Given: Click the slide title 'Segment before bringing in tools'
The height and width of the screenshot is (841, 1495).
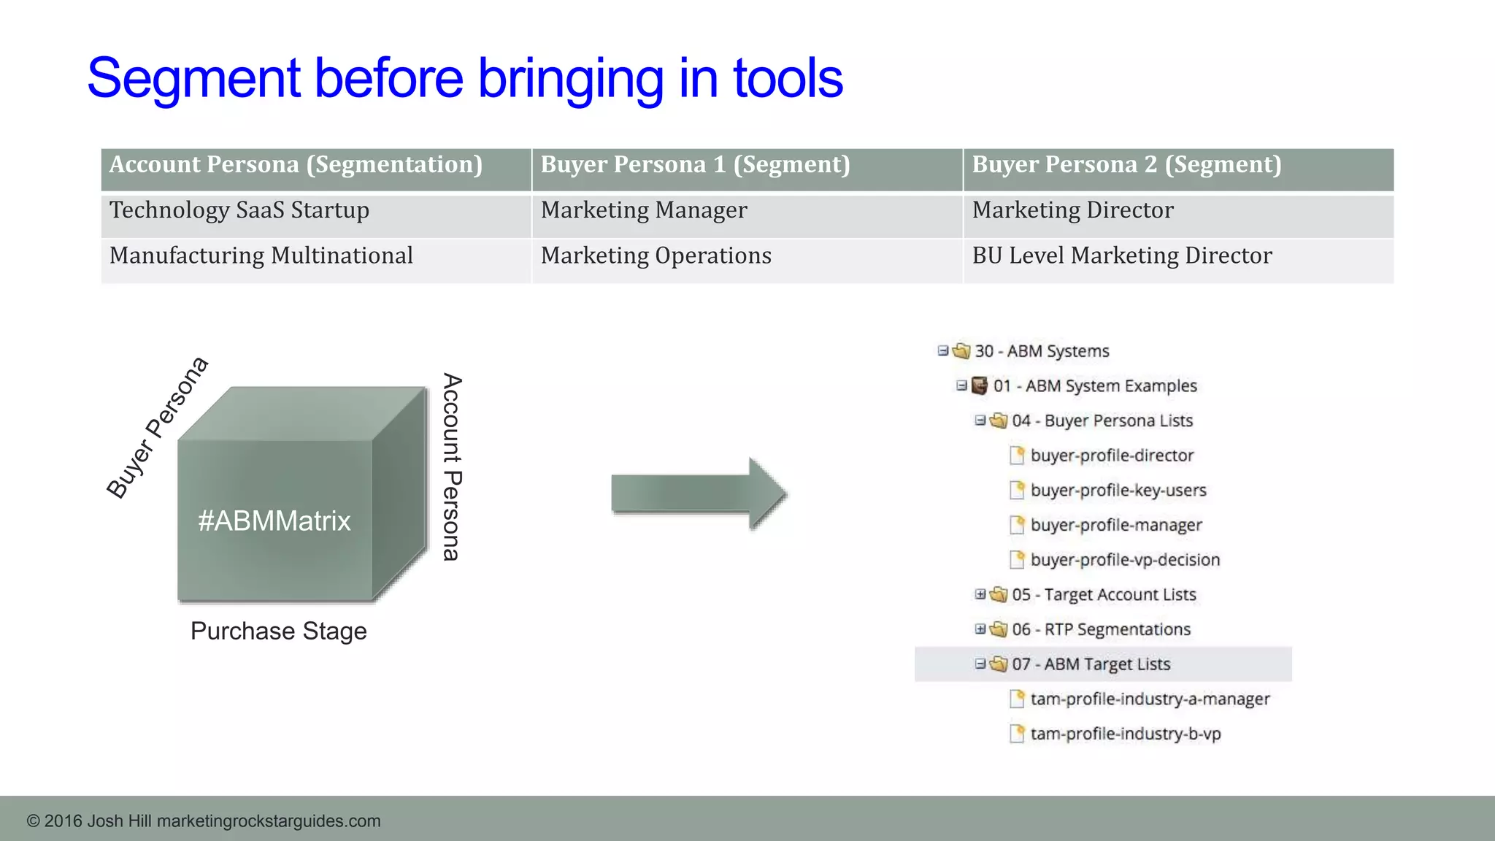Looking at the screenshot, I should tap(465, 78).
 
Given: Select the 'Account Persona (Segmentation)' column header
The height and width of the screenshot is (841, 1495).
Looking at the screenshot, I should tap(296, 165).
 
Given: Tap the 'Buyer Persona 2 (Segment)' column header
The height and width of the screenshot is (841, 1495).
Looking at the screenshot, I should tap(1126, 165).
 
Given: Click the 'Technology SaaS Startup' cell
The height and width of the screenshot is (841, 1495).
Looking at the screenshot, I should tap(239, 210).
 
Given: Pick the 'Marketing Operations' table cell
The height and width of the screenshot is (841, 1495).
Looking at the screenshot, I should tap(656, 256).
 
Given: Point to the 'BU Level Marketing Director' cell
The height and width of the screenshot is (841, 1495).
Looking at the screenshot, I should tap(1122, 256).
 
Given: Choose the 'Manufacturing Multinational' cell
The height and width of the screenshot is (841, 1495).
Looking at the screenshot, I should tap(261, 256).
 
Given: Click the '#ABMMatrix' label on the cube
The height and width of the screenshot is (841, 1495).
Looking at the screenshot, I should tap(274, 521).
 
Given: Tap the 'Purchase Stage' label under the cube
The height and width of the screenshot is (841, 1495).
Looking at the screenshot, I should tap(279, 631).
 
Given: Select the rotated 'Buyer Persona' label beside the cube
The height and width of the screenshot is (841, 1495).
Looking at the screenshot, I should tap(158, 428).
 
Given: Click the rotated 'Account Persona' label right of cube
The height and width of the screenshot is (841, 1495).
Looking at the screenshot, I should tap(453, 467).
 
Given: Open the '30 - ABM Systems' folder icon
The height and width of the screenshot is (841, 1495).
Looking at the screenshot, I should tap(962, 351).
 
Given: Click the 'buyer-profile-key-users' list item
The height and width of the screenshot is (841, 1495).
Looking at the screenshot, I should tap(1118, 491).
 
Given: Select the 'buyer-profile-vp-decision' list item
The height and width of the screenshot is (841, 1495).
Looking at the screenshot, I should tap(1125, 560).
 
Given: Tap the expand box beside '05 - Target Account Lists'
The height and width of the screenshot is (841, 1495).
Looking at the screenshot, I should tap(980, 594).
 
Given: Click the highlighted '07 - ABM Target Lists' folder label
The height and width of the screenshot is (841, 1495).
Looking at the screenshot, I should tap(1091, 664).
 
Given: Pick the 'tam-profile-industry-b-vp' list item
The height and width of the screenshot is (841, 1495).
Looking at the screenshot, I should tap(1126, 734).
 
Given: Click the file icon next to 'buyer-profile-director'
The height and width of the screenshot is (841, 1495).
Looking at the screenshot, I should tap(1017, 456).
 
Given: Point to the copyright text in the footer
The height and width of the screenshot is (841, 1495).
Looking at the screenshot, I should tap(204, 821).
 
